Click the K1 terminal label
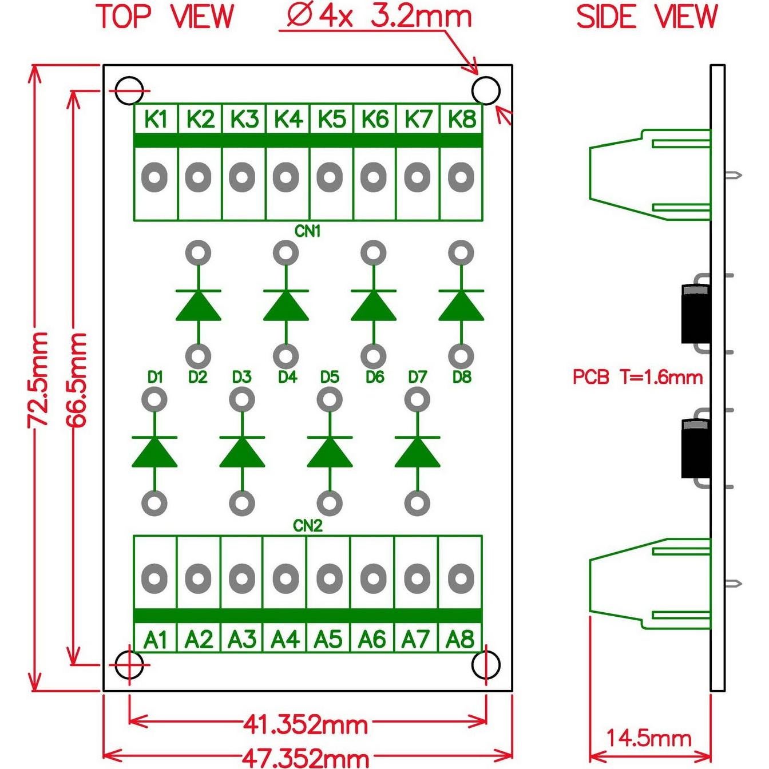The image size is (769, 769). point(156,119)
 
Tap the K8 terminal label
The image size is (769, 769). point(461,119)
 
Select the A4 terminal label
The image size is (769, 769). point(285,639)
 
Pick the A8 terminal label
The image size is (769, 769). point(460,639)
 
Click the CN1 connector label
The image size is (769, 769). point(308,231)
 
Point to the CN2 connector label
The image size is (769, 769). point(308,526)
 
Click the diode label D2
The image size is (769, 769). point(197,377)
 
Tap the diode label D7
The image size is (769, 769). point(418,377)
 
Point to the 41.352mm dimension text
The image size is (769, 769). point(305,725)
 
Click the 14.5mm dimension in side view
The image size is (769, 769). point(648,738)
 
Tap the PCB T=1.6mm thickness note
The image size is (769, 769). point(637,377)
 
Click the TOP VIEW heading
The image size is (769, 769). point(166,17)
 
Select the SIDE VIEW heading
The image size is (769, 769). point(647,17)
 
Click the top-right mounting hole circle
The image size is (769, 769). point(486,90)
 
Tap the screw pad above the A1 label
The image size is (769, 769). point(154,578)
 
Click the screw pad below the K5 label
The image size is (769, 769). point(330,177)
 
